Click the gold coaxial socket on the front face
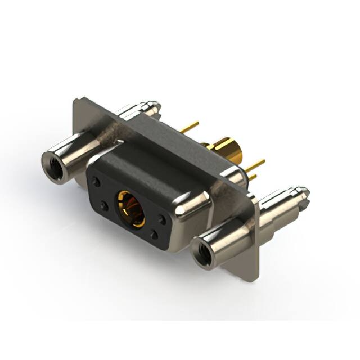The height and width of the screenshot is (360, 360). [x=130, y=208]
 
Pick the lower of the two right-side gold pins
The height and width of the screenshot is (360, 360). [x=253, y=177]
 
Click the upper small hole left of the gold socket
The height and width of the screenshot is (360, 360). [x=97, y=182]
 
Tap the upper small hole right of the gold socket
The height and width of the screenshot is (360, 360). [x=162, y=220]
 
